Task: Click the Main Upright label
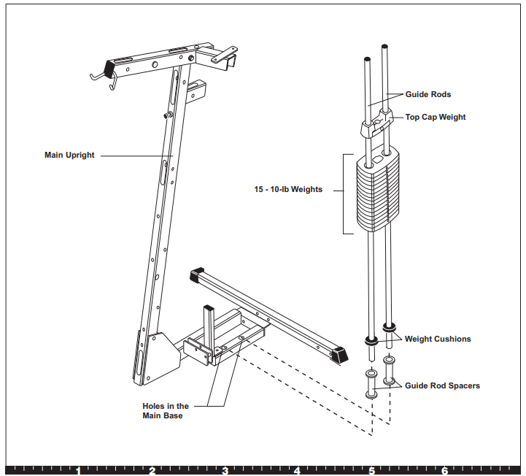click(x=69, y=156)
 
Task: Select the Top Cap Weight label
click(x=435, y=117)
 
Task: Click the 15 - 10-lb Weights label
click(x=288, y=190)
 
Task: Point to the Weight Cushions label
click(x=438, y=339)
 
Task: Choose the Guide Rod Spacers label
click(x=442, y=385)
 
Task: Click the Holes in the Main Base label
click(x=165, y=411)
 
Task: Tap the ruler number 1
click(x=78, y=471)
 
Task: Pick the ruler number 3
click(x=225, y=471)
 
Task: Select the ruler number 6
click(x=444, y=471)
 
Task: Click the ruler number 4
click(x=298, y=471)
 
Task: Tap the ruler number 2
click(x=152, y=471)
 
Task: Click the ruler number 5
click(x=371, y=471)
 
